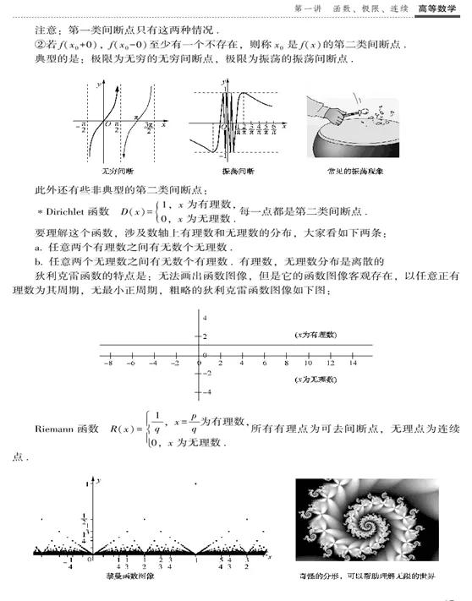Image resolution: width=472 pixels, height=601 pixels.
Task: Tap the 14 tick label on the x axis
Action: pos(354,363)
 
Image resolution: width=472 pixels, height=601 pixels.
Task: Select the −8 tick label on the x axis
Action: pos(107,363)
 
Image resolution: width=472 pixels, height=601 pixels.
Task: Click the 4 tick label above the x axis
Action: pos(203,315)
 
